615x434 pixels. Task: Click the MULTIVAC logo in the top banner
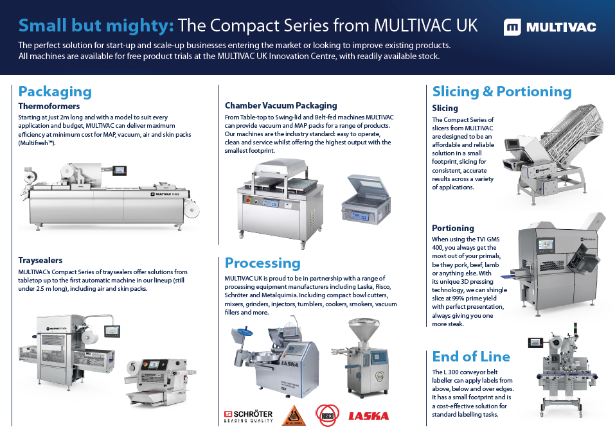click(549, 27)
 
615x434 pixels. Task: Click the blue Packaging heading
click(55, 91)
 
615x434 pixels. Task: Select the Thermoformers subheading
click(49, 106)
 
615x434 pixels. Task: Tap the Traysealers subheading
click(40, 260)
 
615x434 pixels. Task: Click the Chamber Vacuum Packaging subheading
click(281, 105)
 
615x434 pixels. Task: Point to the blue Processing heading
click(262, 263)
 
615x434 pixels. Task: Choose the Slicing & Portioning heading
click(501, 91)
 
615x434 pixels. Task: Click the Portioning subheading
click(453, 228)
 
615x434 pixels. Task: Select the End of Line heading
click(471, 356)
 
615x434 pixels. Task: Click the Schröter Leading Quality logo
click(248, 416)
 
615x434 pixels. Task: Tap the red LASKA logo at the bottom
click(368, 416)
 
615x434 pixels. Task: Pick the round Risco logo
click(326, 415)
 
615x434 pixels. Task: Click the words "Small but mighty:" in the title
click(96, 26)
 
